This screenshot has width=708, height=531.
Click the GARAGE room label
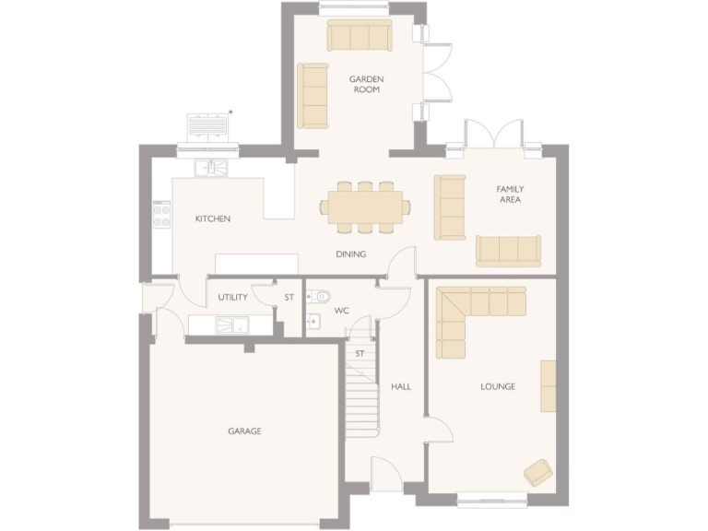[x=245, y=431]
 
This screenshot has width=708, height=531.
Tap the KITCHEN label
[x=213, y=218]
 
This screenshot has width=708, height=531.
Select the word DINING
[x=350, y=254]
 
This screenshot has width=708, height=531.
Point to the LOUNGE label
[x=498, y=386]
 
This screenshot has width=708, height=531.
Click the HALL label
[x=401, y=386]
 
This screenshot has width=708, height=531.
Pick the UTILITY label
[x=232, y=298]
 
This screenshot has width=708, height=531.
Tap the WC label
[x=341, y=311]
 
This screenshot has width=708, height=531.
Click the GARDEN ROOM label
[x=366, y=85]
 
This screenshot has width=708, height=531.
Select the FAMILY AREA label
[x=510, y=194]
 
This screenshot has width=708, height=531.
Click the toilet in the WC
[x=318, y=297]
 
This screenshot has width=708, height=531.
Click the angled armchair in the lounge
[x=538, y=472]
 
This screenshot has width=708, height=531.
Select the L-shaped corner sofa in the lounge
[x=461, y=313]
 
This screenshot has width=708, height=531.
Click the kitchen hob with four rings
[x=161, y=216]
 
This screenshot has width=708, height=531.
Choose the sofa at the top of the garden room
[x=359, y=36]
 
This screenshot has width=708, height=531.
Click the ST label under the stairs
[x=360, y=353]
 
